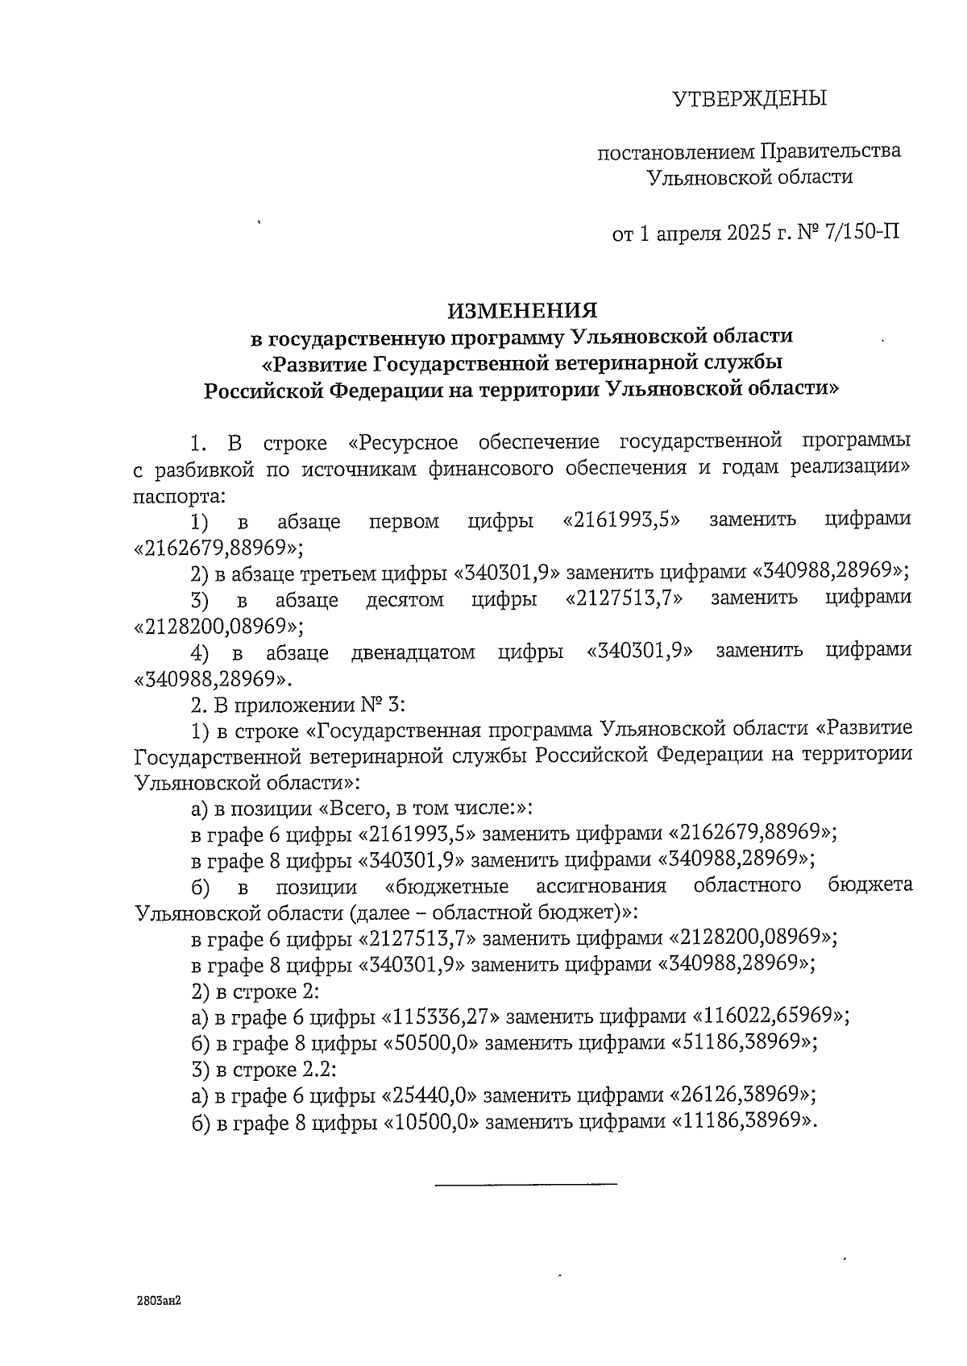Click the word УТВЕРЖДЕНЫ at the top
tap(749, 99)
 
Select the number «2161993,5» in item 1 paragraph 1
tap(620, 519)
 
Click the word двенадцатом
tap(413, 652)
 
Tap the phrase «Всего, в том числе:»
tap(426, 808)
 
